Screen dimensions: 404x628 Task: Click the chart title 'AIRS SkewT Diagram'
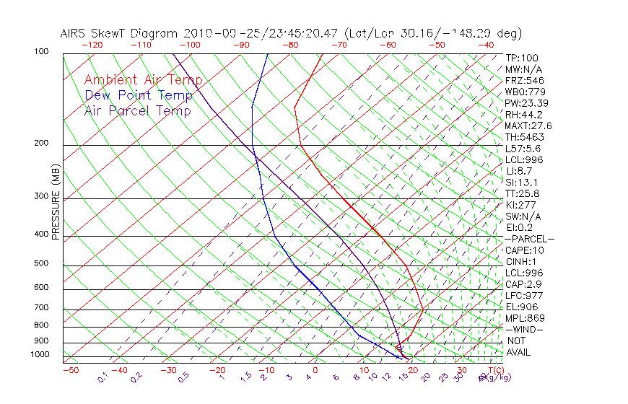point(120,33)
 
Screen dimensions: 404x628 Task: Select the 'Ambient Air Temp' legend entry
point(143,80)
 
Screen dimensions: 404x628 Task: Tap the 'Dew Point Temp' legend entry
point(139,95)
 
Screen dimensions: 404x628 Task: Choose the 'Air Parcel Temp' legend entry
point(138,110)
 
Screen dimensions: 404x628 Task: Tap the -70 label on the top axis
point(339,44)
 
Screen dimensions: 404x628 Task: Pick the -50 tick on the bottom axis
point(70,370)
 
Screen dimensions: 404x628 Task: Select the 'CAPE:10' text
point(524,250)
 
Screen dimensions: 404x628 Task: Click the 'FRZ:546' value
point(524,80)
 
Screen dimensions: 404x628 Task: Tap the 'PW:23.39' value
point(526,103)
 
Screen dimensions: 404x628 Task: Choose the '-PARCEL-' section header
point(529,239)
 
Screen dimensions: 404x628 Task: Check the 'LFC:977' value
point(524,296)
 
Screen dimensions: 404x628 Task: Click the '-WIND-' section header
point(525,330)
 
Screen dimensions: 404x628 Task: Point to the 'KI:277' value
point(521,205)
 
